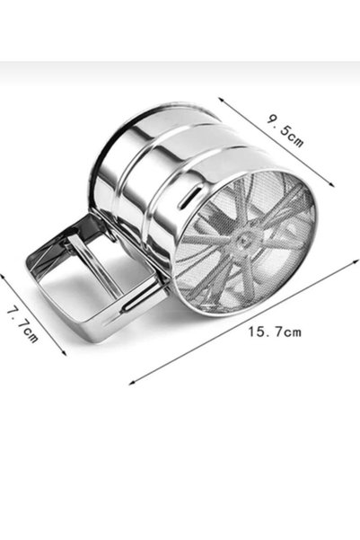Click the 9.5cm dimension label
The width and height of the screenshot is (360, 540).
[285, 130]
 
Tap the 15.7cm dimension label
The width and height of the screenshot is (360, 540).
[275, 332]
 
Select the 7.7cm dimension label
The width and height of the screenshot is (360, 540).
[22, 324]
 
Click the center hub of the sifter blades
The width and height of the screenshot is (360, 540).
[244, 241]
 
